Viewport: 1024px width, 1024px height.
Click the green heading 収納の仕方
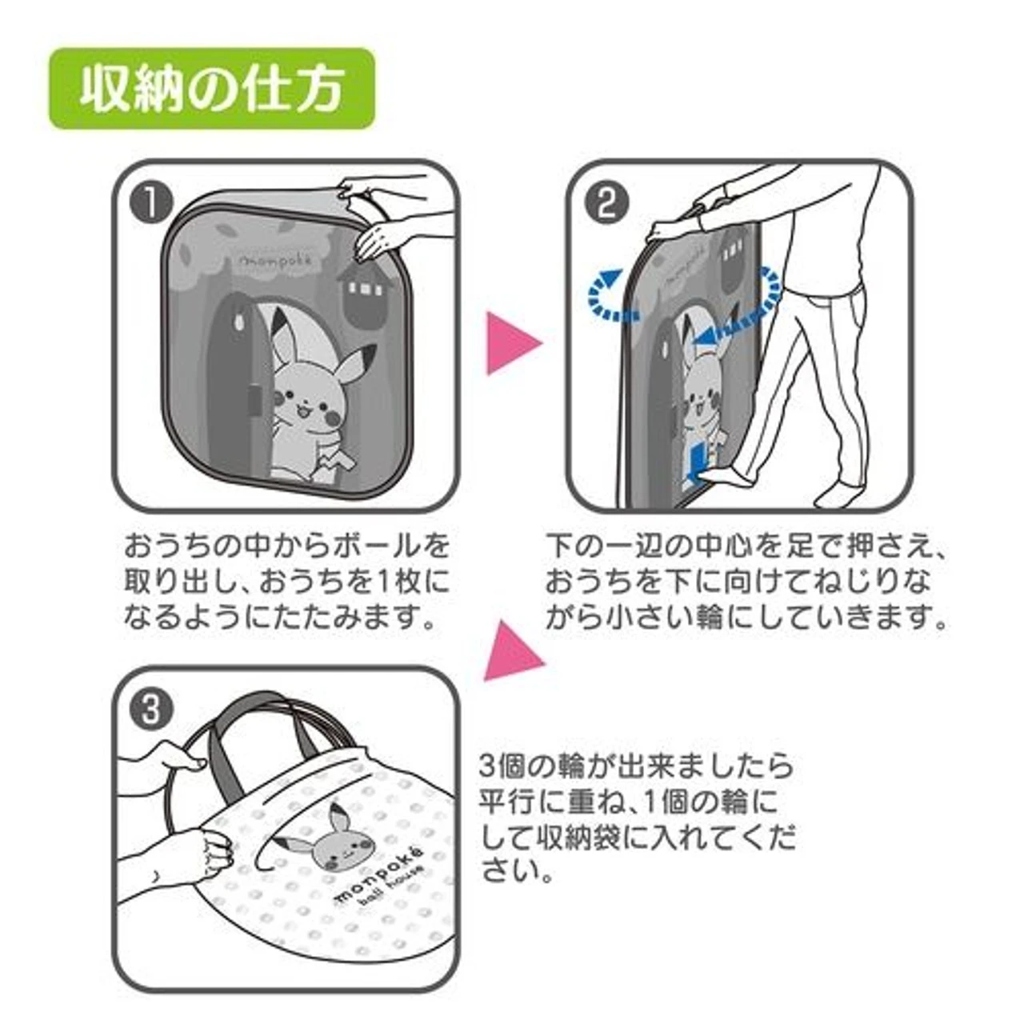pyautogui.click(x=211, y=89)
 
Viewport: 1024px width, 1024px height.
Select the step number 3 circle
pyautogui.click(x=151, y=709)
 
